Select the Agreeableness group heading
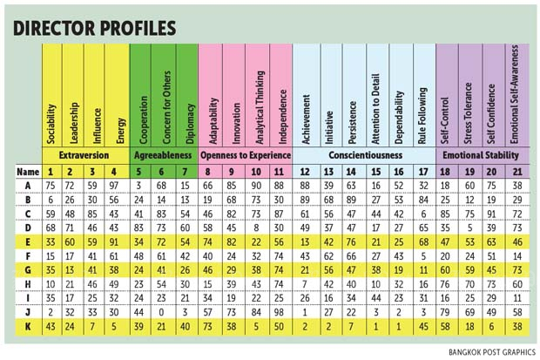pyautogui.click(x=163, y=153)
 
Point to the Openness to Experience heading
pyautogui.click(x=244, y=153)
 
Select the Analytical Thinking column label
pyautogui.click(x=258, y=105)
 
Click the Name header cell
pyautogui.click(x=26, y=171)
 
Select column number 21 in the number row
pyautogui.click(x=517, y=171)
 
